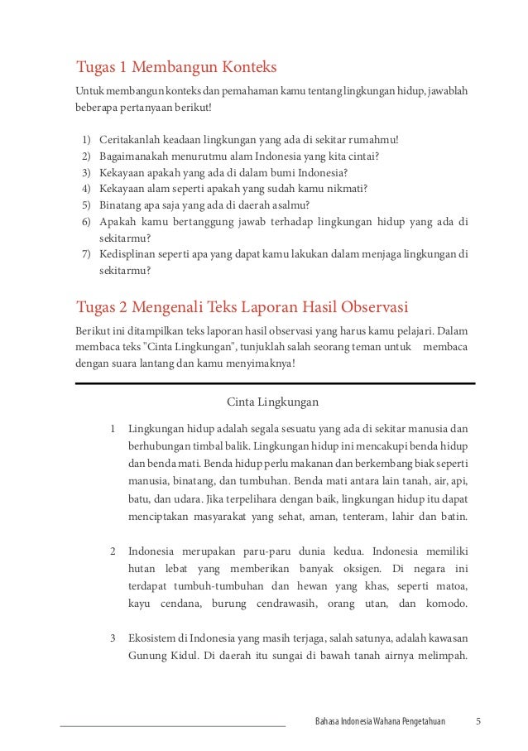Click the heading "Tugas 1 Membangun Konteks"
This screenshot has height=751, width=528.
point(175,66)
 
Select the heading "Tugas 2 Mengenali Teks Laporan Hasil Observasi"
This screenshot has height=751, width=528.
point(242,308)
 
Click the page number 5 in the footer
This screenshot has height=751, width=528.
point(478,720)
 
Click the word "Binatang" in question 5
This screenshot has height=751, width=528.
point(119,205)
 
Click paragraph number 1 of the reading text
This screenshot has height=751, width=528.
point(112,429)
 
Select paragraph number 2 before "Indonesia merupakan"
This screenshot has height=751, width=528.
point(112,551)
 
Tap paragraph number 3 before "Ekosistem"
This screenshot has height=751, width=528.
point(112,638)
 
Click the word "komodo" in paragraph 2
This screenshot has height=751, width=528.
point(447,604)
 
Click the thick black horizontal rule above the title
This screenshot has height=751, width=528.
point(275,383)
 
